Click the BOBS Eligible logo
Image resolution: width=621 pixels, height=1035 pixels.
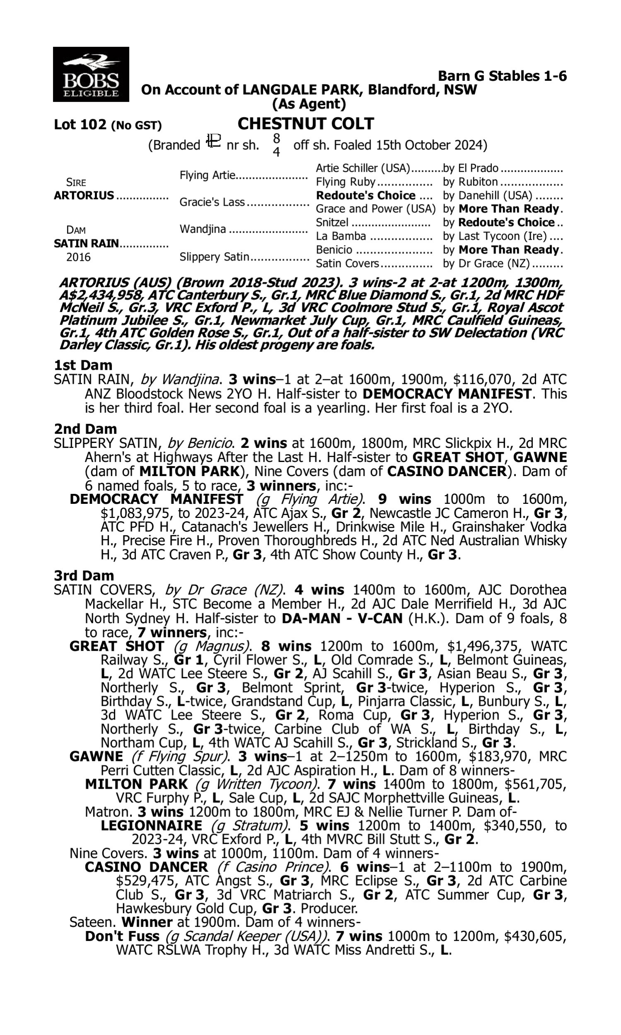coord(91,74)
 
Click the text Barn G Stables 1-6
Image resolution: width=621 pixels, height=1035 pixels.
coord(502,76)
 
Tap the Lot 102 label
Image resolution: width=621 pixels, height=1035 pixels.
coord(80,125)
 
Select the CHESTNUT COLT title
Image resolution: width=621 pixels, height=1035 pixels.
coord(306,124)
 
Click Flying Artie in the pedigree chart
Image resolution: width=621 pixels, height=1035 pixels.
coord(207,175)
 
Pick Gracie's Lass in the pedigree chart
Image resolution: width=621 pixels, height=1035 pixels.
coord(212,202)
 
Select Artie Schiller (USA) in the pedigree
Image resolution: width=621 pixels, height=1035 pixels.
coord(363,168)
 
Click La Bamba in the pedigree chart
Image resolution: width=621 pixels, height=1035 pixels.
coord(341,236)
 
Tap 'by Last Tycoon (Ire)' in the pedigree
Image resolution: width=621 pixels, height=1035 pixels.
coord(495,236)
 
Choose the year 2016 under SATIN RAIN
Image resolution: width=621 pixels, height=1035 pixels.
coord(78,257)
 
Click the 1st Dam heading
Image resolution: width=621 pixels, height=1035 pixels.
coord(83,365)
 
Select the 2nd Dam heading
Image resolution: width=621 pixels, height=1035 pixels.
coord(85,429)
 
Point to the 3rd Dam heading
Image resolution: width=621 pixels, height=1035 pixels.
coord(84,575)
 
